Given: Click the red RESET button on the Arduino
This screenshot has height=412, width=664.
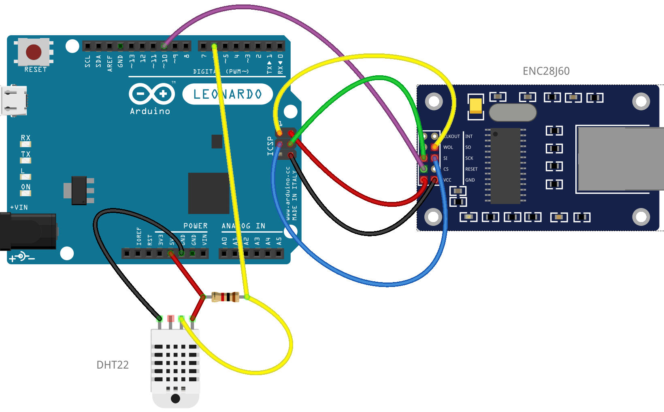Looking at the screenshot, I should click(x=34, y=52).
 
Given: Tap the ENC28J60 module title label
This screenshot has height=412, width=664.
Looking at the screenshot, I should click(x=546, y=71).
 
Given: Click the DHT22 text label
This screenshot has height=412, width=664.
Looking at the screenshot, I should click(x=112, y=365).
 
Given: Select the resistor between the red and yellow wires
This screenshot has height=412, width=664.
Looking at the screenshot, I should click(x=225, y=297).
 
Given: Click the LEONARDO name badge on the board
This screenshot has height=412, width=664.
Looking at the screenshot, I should click(x=228, y=94).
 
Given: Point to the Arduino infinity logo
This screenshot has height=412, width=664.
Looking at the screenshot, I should click(x=151, y=94).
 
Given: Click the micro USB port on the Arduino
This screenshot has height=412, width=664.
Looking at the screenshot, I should click(x=13, y=100).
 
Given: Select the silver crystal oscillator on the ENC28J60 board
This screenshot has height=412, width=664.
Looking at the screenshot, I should click(x=513, y=113).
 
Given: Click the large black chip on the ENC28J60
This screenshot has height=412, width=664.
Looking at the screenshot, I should click(x=505, y=166).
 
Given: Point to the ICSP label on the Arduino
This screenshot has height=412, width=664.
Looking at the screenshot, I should click(x=270, y=146).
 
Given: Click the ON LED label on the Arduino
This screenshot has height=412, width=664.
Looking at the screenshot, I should click(x=26, y=187).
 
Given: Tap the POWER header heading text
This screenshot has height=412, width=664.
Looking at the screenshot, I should click(x=195, y=226).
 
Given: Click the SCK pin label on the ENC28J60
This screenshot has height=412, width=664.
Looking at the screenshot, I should click(x=469, y=158).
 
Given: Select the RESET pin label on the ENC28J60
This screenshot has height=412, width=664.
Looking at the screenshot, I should click(x=471, y=169).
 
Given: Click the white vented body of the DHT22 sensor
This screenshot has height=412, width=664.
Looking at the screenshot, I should click(x=175, y=362).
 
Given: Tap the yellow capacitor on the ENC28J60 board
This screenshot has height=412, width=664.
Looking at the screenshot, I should click(x=475, y=105).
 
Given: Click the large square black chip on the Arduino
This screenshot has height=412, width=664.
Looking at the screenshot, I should click(x=209, y=193).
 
